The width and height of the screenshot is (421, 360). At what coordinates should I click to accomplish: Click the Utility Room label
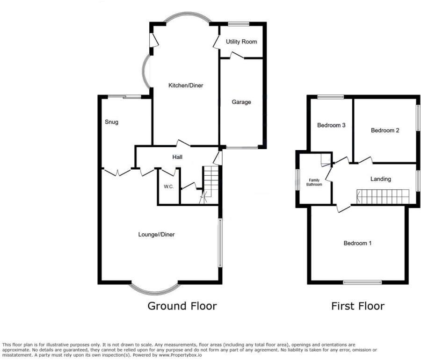pos(241,42)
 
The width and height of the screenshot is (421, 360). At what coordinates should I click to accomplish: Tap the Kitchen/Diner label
pos(186,86)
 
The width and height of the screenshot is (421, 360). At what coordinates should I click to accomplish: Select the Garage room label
pos(242,102)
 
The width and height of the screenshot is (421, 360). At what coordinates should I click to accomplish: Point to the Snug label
pos(111,122)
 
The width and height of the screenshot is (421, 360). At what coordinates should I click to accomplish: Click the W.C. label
pos(169,187)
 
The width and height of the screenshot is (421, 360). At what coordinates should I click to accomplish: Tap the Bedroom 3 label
pos(331,125)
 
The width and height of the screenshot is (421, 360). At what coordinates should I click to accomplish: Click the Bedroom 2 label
pos(385,130)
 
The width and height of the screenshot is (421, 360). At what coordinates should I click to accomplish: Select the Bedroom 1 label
pos(358,243)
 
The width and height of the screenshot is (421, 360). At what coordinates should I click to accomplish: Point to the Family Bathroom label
pos(314,182)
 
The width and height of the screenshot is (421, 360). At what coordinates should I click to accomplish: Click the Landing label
pos(380,179)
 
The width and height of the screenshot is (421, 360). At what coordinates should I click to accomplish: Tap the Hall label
pos(177,157)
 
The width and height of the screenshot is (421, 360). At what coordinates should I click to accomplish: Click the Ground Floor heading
pos(182,306)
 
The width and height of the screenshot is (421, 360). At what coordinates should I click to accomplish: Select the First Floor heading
pos(358,306)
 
